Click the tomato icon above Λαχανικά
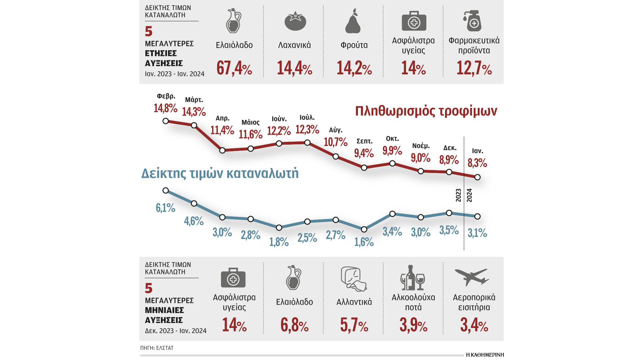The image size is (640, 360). [x=295, y=22]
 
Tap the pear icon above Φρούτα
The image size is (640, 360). [x=353, y=22]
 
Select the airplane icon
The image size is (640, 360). [x=471, y=277]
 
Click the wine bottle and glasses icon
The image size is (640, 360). [x=413, y=278]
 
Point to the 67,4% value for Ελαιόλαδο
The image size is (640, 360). [x=234, y=68]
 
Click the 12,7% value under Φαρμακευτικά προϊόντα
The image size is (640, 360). [x=474, y=68]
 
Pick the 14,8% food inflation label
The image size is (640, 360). [x=165, y=108]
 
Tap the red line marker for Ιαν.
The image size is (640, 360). [x=477, y=177]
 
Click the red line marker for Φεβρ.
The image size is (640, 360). [x=166, y=121]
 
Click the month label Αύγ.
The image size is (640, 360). [x=335, y=130]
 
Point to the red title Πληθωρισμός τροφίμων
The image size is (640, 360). [x=426, y=111]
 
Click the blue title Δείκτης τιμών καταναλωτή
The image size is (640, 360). [x=220, y=173]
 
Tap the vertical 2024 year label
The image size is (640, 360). [x=469, y=195]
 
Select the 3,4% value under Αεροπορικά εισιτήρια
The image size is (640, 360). [x=474, y=325]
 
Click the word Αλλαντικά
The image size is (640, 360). [x=354, y=302]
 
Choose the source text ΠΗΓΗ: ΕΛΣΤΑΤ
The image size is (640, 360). [x=157, y=348]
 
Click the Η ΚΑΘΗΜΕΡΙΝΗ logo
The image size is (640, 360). [x=485, y=355]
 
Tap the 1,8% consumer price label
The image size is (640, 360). [x=279, y=242]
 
